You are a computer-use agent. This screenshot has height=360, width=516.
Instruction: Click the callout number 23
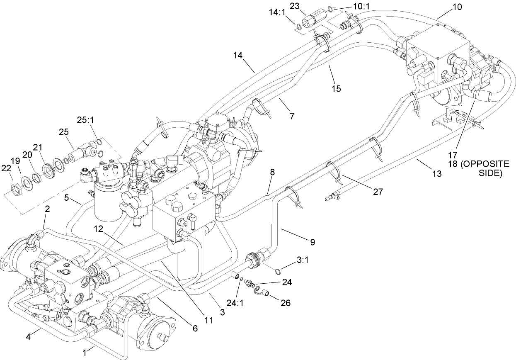(x=306, y=7)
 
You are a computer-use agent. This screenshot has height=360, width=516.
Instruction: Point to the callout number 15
(x=336, y=88)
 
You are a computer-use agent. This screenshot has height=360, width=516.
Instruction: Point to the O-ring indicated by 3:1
(x=279, y=271)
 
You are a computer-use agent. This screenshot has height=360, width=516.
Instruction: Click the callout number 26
(x=285, y=303)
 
